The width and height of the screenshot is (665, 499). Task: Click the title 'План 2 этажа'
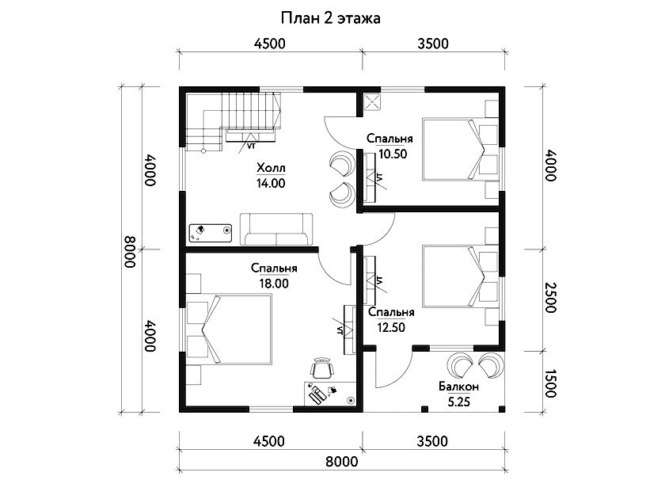pyautogui.click(x=330, y=18)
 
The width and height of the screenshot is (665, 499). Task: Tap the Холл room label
pyautogui.click(x=271, y=168)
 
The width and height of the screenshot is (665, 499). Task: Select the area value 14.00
pyautogui.click(x=271, y=183)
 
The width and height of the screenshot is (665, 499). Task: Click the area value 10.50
pyautogui.click(x=393, y=154)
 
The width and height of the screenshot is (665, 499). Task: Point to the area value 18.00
pyautogui.click(x=274, y=284)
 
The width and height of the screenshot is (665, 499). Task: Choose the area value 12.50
pyautogui.click(x=391, y=328)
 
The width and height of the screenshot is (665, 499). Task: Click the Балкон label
pyautogui.click(x=459, y=387)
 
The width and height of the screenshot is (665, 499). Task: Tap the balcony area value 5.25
pyautogui.click(x=459, y=402)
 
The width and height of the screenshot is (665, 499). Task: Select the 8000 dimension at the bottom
pyautogui.click(x=342, y=462)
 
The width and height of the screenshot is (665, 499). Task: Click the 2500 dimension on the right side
pyautogui.click(x=550, y=298)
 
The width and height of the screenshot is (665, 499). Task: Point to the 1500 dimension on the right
pyautogui.click(x=550, y=383)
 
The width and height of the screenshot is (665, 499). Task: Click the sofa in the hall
pyautogui.click(x=276, y=229)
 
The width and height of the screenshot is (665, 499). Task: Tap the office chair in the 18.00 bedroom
pyautogui.click(x=322, y=368)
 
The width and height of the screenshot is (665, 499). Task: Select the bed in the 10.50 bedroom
pyautogui.click(x=454, y=150)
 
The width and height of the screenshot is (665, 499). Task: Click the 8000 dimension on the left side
pyautogui.click(x=130, y=252)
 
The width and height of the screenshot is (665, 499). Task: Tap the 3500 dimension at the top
pyautogui.click(x=432, y=44)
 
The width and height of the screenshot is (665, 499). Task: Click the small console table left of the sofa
pyautogui.click(x=211, y=233)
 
